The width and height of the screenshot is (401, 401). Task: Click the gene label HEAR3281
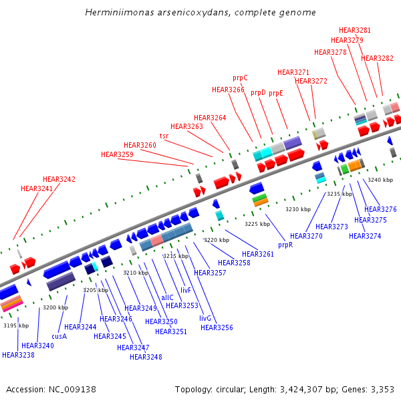(x=355, y=30)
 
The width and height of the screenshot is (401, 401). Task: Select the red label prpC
(x=240, y=78)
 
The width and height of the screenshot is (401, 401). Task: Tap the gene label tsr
(x=164, y=136)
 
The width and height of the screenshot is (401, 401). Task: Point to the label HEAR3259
(x=117, y=154)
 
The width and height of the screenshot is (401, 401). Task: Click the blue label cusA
(x=59, y=336)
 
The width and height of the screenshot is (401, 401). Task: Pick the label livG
(x=205, y=318)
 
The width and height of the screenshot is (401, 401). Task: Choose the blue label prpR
(x=285, y=245)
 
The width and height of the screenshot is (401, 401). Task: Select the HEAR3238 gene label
(x=18, y=355)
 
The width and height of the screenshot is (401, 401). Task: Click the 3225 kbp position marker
(x=257, y=224)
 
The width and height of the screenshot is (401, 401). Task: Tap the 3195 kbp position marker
(x=16, y=325)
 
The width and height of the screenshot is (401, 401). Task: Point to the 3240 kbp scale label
(x=380, y=180)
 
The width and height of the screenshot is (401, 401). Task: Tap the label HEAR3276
(x=380, y=209)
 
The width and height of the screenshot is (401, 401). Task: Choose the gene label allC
(x=167, y=297)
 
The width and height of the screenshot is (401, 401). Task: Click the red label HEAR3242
(x=59, y=179)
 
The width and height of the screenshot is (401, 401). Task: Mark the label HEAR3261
(x=258, y=254)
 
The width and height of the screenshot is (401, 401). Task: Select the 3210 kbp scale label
(x=135, y=273)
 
